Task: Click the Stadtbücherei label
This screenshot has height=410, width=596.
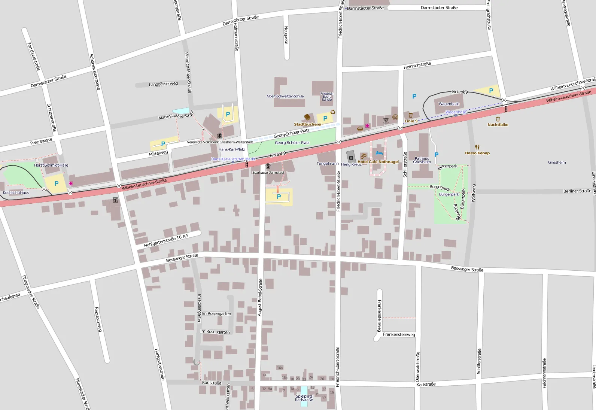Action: click(x=307, y=124)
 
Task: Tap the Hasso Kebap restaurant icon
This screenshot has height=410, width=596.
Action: click(x=477, y=147)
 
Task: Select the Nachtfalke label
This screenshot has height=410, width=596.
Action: click(x=498, y=125)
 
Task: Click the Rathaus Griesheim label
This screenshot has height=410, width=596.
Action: click(x=422, y=160)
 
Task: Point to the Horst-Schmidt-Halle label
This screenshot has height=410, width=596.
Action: click(x=51, y=165)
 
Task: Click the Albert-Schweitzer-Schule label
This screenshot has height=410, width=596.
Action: click(x=285, y=96)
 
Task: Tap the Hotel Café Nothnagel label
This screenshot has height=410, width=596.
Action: click(x=378, y=162)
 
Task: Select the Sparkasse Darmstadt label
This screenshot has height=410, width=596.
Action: click(x=268, y=173)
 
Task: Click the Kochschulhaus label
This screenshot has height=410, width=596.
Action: click(x=16, y=193)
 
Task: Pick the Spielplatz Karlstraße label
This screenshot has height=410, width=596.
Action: click(x=304, y=398)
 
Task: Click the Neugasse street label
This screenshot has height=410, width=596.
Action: click(x=286, y=35)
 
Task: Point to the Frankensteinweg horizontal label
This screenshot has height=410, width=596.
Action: click(x=399, y=335)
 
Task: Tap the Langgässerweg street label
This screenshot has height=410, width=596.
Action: click(x=163, y=84)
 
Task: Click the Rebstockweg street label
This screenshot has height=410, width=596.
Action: click(x=98, y=319)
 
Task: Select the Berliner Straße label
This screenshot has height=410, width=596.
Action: click(x=577, y=191)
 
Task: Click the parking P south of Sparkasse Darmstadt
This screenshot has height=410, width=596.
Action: click(x=279, y=197)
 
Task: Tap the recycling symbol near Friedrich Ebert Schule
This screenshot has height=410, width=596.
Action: click(x=332, y=112)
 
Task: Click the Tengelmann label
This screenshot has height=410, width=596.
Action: click(x=328, y=164)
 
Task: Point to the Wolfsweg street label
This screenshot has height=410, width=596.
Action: click(x=473, y=193)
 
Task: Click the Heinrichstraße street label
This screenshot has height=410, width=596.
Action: click(x=417, y=66)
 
